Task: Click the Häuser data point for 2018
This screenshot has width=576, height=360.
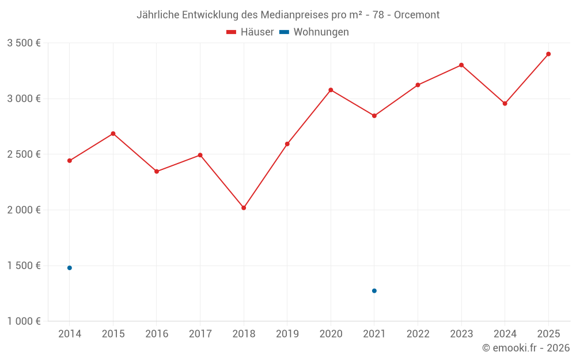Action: (x=244, y=208)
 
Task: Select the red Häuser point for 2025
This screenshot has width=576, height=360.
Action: (x=548, y=54)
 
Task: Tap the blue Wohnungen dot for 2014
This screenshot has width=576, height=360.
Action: (x=70, y=268)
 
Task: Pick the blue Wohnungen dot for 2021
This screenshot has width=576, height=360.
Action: (x=374, y=291)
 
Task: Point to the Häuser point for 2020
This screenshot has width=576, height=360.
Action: (x=331, y=90)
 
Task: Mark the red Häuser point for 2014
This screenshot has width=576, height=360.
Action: (x=70, y=161)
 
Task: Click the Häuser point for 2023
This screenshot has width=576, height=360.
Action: (x=461, y=65)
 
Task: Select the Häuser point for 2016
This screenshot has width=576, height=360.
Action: (x=157, y=172)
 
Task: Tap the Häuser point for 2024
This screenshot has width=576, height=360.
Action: (x=505, y=104)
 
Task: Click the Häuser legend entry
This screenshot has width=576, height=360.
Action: (x=250, y=32)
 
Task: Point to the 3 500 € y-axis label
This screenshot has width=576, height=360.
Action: (x=24, y=43)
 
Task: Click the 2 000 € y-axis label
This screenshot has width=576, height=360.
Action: (x=24, y=210)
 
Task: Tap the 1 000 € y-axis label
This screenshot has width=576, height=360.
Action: (x=24, y=321)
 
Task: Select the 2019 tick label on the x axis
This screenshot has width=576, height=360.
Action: (x=287, y=334)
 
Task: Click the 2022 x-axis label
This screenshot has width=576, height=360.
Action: (x=418, y=334)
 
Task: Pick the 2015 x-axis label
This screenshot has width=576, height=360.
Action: (x=113, y=334)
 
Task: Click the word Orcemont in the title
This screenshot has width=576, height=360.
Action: (x=416, y=15)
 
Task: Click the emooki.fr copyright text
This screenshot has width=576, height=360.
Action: (x=526, y=348)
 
